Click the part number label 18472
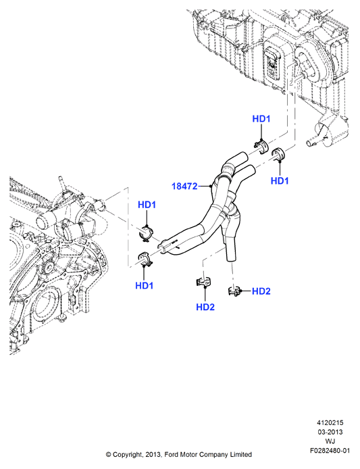pos(184,187)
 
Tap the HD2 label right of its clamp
pos(261,291)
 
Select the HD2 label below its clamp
pos(205,307)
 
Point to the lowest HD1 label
pos(144,286)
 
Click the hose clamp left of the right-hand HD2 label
pos(234,291)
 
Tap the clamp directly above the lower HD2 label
pos(203,282)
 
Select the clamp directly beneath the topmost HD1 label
pos(261,146)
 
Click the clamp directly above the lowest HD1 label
pos(146,259)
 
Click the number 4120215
pos(330,423)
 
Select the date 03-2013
pos(330,433)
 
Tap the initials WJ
pos(330,441)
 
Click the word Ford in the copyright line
pos(172,455)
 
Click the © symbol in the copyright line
pos(108,455)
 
